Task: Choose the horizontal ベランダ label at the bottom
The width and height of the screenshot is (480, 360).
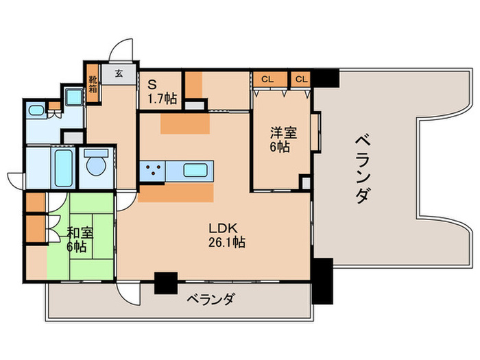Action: (x=212, y=299)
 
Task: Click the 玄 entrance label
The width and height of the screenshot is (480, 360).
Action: (x=119, y=73)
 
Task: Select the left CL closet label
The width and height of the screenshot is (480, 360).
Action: (x=267, y=79)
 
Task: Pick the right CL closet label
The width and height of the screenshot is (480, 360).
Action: (x=300, y=79)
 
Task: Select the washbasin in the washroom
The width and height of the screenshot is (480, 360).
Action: (x=36, y=110)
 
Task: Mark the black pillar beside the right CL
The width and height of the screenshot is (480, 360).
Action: (x=326, y=78)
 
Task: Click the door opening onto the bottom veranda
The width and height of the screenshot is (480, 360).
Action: (x=128, y=291)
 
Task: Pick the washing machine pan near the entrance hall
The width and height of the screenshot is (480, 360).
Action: (x=73, y=95)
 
